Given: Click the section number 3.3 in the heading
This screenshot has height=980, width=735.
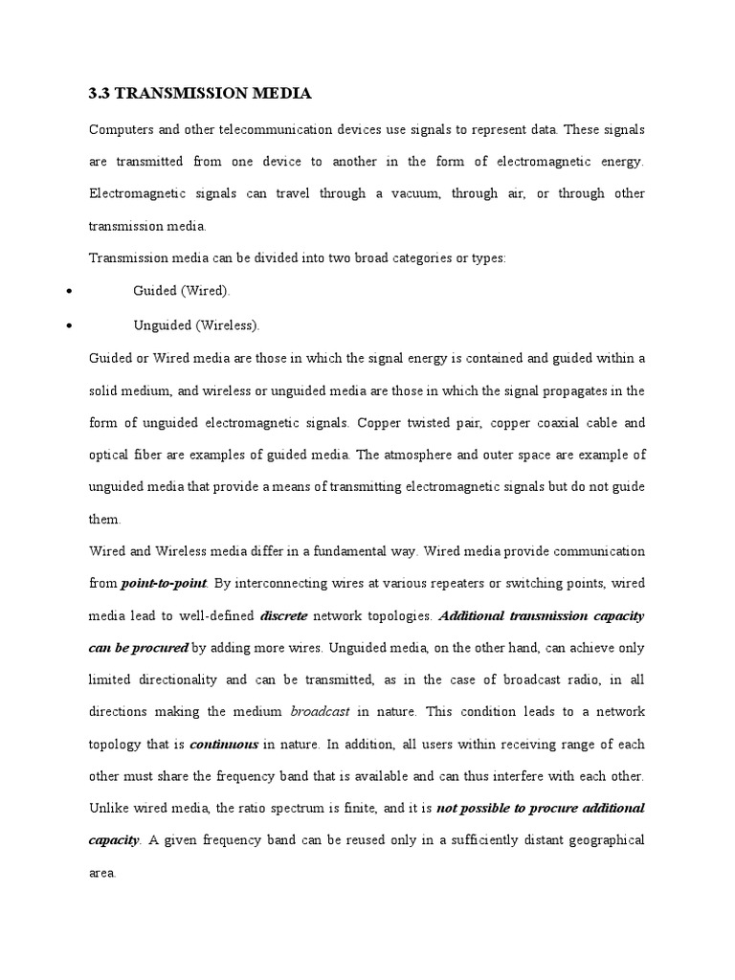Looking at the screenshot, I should click(x=100, y=94).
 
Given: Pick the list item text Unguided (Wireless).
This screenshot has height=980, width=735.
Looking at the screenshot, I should click(x=196, y=325).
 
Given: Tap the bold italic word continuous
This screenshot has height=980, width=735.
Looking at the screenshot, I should click(x=224, y=746).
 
